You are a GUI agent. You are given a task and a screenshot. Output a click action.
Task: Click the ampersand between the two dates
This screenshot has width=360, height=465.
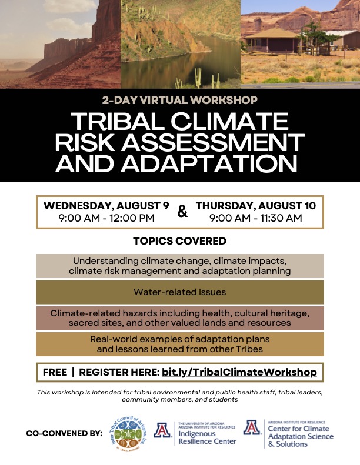[x=182, y=211]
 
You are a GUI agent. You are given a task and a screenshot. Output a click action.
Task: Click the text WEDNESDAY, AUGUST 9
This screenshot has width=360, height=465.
[x=106, y=206]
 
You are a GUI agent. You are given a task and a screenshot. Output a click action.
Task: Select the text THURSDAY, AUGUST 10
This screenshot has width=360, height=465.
[x=256, y=206]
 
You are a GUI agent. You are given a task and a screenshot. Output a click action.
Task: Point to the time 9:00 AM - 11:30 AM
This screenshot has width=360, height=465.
[x=256, y=218]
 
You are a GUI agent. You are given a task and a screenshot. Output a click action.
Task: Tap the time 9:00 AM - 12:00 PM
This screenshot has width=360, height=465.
[x=106, y=218]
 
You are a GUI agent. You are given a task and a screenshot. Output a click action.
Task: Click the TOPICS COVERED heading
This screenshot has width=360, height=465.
[x=179, y=241]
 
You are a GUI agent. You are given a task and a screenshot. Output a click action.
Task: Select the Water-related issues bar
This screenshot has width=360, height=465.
[x=179, y=292]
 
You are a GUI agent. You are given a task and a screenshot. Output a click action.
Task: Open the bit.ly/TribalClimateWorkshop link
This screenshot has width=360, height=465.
[x=239, y=372]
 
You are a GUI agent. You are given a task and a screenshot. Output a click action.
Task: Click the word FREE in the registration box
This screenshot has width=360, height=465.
[x=55, y=372]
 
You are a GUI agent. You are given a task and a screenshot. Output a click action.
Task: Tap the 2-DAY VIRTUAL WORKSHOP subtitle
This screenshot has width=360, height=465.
[x=179, y=101]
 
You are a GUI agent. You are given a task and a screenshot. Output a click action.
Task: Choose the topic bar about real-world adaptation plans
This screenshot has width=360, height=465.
[x=179, y=344]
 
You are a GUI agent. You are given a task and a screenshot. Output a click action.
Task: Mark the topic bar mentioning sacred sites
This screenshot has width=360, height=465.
[x=179, y=318]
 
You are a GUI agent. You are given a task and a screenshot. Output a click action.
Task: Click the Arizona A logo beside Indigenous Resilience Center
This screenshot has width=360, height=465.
[x=162, y=431]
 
